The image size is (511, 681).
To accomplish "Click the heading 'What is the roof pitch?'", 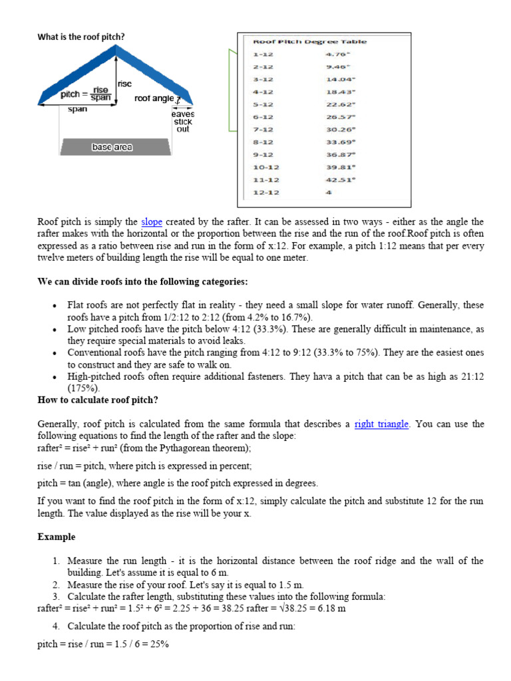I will [x=81, y=37].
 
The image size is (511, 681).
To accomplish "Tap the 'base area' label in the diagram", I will [x=112, y=147].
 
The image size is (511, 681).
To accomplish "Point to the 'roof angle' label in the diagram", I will [x=154, y=98].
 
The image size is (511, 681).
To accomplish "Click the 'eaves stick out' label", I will [x=182, y=122].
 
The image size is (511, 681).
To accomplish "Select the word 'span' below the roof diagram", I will [x=78, y=109].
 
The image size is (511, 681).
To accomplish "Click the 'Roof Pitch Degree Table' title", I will [x=309, y=41].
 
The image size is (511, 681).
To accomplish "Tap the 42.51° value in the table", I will [x=340, y=180].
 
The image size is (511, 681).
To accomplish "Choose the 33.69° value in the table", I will [x=340, y=142].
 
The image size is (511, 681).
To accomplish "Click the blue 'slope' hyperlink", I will [x=152, y=221].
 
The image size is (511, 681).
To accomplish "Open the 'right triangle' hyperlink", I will [x=381, y=424].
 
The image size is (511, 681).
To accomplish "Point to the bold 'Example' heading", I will [x=57, y=537].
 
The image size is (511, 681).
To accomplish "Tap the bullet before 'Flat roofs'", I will [x=54, y=305].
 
